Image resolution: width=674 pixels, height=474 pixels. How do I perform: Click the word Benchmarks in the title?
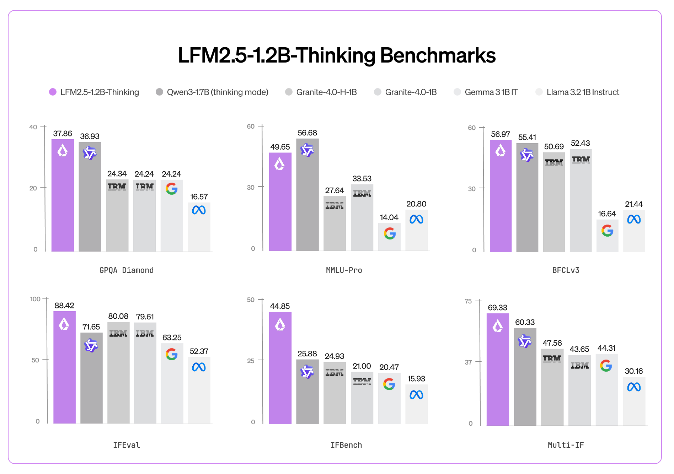pos(438,56)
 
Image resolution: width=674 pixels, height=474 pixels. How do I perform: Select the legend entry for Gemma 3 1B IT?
pos(491,92)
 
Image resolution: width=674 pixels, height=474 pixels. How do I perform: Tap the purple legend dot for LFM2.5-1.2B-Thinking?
pos(53,92)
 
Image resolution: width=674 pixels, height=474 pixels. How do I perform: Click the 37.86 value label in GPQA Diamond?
pos(63,134)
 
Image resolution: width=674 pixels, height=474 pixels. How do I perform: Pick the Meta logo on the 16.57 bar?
pos(199,210)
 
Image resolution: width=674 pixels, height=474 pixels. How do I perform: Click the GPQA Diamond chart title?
pos(127,270)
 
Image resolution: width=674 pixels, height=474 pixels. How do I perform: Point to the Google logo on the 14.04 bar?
pos(390,233)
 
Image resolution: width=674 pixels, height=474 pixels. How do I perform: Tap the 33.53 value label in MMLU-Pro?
pos(362,178)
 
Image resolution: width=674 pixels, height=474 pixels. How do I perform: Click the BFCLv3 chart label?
pos(566,270)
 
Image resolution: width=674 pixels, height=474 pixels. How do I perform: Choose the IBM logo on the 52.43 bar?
pos(581,160)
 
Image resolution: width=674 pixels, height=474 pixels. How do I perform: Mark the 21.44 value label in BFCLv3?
pos(634,204)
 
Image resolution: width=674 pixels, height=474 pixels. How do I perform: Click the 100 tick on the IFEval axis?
pos(35,299)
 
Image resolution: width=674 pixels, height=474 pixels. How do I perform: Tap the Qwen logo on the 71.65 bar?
pos(91,345)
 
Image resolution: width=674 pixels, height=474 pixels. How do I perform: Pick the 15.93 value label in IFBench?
pos(416,379)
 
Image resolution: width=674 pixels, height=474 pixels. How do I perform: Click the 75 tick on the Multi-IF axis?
pos(468,301)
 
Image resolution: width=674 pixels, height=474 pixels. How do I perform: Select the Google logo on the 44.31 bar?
pos(606,365)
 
